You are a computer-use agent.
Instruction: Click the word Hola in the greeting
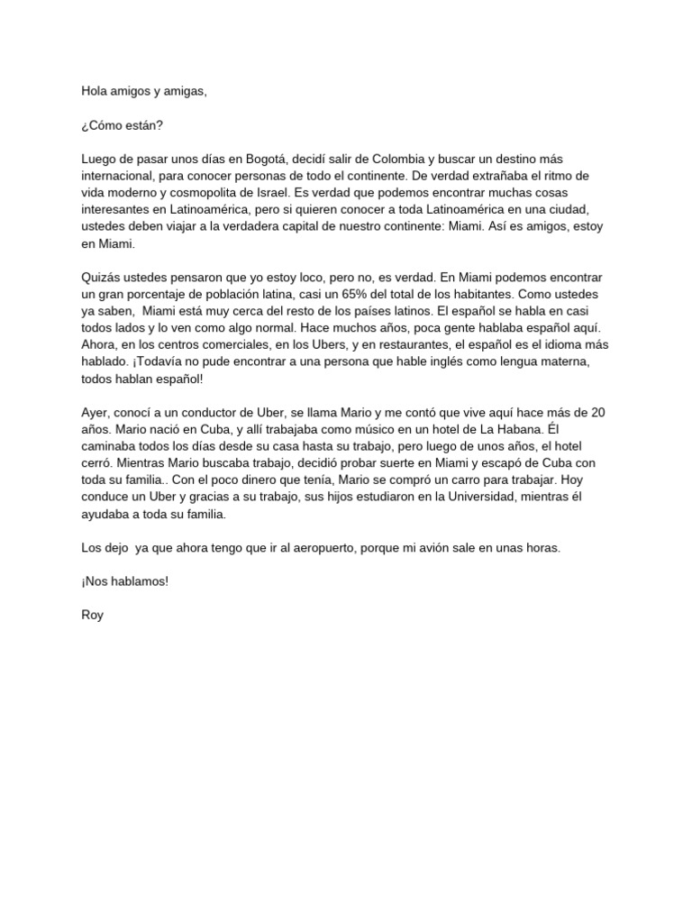coord(95,91)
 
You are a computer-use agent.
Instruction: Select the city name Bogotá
coord(256,160)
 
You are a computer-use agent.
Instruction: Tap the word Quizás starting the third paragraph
coord(100,278)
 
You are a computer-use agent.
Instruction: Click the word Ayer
coord(96,413)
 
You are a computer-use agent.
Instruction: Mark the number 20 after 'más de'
coord(596,413)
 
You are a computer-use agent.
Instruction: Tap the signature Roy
coord(92,616)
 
